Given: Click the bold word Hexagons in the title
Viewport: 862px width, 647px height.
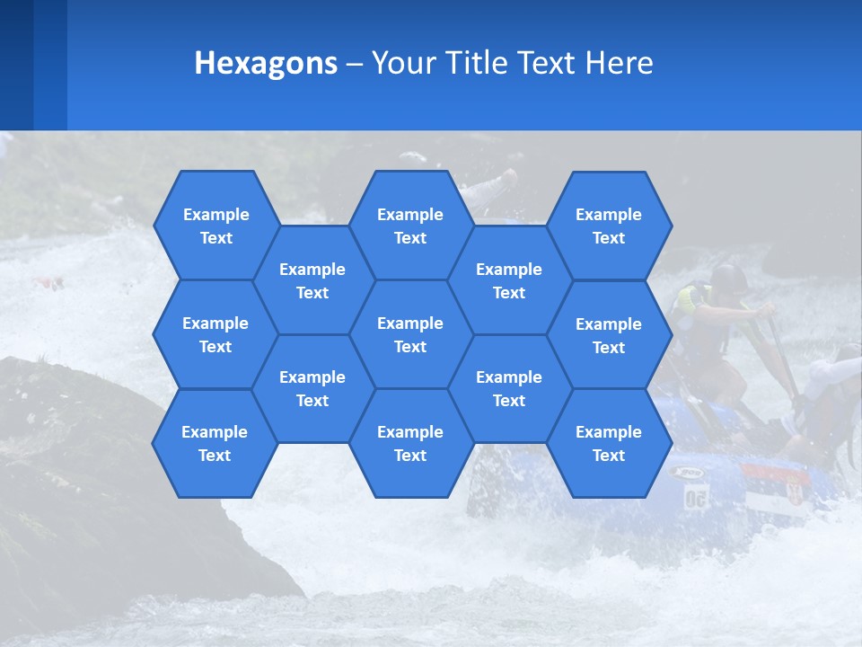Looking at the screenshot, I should coord(266,63).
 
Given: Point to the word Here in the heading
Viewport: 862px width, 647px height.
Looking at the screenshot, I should coord(619,63).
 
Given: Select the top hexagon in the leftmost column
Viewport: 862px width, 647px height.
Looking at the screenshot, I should coord(215,226).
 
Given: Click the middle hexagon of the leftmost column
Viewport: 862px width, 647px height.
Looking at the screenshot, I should coord(215,334).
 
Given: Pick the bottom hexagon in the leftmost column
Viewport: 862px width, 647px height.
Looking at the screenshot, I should coord(215,443).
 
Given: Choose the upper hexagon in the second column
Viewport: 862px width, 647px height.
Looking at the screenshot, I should coord(312,280).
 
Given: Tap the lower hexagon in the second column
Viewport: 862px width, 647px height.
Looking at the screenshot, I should coord(312,388).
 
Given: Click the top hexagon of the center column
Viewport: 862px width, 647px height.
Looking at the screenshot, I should coord(410,226).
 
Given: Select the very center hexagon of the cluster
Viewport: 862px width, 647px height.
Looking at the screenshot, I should coord(410,334).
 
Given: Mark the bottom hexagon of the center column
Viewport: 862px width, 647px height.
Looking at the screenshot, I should coord(410,443).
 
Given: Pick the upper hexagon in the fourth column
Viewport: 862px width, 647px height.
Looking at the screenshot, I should coord(509,280).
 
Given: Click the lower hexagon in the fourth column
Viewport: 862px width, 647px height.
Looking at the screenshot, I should coord(509,388).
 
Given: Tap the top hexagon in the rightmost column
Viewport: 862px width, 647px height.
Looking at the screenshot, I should coord(609,226).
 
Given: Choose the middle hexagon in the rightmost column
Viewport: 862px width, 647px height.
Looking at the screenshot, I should coord(609,335).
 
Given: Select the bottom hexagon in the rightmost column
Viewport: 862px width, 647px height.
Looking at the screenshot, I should coord(609,443).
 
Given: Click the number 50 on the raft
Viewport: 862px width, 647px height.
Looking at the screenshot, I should coord(696,497).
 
